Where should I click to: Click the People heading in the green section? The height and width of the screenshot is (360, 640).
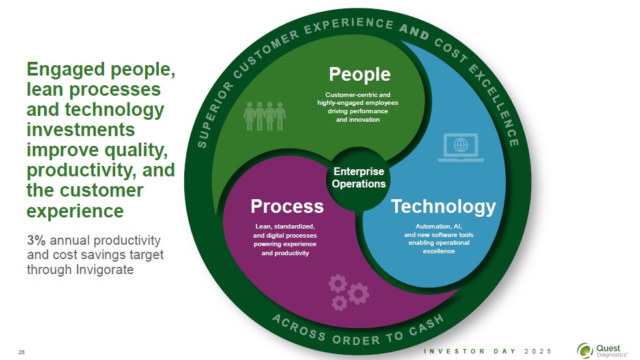pos(359,75)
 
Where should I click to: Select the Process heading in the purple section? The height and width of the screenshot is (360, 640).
pos(287,206)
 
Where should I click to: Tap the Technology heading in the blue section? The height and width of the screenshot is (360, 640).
pos(443,207)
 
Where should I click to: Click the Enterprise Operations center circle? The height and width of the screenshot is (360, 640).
pos(358,178)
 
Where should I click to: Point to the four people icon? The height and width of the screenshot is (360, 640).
pos(264,116)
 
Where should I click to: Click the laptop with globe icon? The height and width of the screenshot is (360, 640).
pos(461,147)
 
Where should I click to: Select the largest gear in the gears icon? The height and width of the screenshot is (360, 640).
pos(358,294)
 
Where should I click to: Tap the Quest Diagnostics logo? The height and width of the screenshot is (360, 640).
pos(602,350)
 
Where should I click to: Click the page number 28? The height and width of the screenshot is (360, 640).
pos(21,352)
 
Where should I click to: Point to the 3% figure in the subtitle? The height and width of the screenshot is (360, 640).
pos(36,240)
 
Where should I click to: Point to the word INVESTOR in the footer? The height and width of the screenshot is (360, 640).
pos(454,351)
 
